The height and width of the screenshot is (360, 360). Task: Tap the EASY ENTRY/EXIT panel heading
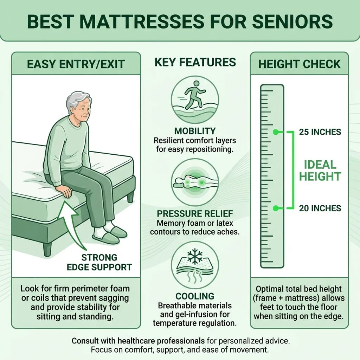pos(76,64)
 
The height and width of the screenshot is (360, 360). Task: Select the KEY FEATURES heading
pos(195,63)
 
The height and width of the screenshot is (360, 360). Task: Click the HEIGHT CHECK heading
pos(300,64)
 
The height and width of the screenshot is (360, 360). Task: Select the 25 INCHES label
pos(320,132)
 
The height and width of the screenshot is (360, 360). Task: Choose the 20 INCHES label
pos(320,208)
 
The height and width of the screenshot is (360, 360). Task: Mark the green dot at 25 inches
pos(276,132)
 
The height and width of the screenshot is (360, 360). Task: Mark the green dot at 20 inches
pos(276,208)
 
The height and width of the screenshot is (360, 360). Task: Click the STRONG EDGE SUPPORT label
pos(104,262)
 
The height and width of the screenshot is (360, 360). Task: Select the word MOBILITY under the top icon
pos(195,131)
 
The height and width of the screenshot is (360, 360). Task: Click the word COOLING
pos(195,296)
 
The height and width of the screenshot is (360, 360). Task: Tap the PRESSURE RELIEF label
pos(195,214)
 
